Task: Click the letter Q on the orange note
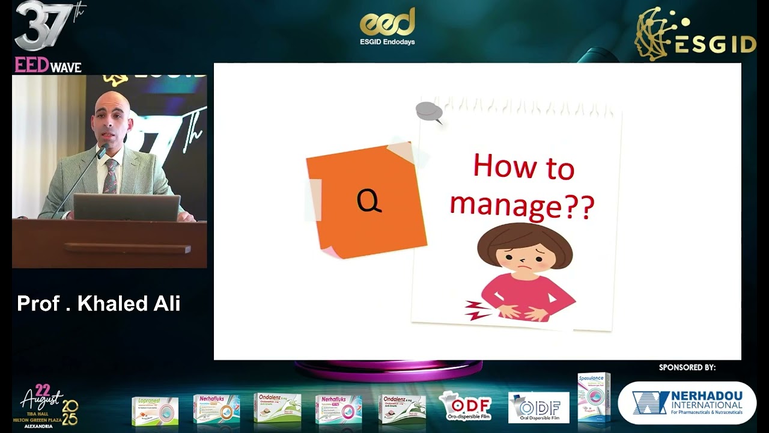tap(369, 200)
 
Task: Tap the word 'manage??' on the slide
tap(521, 204)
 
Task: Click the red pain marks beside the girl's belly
tap(478, 310)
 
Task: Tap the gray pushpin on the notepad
tap(429, 112)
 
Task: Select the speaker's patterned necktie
tap(111, 176)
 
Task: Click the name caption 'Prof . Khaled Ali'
tap(99, 303)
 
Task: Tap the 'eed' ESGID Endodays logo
tap(388, 26)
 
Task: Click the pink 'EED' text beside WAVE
tap(31, 66)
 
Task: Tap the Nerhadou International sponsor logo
tap(687, 403)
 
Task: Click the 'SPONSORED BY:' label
tap(687, 367)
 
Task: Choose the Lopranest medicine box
tap(155, 410)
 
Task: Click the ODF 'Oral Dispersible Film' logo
tap(538, 408)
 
